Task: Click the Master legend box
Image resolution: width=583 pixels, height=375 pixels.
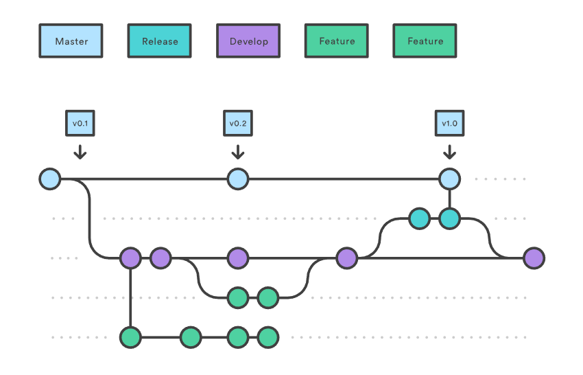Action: click(x=71, y=41)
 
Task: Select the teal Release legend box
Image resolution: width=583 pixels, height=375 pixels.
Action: click(x=159, y=41)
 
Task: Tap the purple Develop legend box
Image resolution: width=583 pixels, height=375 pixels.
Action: click(x=248, y=41)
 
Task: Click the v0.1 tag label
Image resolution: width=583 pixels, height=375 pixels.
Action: click(x=80, y=123)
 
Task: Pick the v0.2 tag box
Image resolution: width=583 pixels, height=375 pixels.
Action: click(x=238, y=123)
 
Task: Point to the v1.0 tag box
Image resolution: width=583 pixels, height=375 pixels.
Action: click(x=449, y=123)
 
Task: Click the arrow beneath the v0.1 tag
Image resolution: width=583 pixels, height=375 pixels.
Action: click(x=80, y=152)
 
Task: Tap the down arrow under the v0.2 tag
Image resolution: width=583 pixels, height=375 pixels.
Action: click(x=238, y=152)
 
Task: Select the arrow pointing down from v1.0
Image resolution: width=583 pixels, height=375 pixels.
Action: click(x=449, y=152)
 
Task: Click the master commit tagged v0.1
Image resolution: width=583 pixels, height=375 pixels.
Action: click(x=50, y=179)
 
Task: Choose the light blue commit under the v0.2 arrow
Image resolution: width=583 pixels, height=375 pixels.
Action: click(x=238, y=179)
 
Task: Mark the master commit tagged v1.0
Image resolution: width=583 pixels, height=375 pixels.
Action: click(x=449, y=179)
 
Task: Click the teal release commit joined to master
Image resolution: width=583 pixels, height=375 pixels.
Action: click(x=449, y=218)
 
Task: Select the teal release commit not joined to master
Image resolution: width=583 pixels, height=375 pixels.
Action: click(x=419, y=218)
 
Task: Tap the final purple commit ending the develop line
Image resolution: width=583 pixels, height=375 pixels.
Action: click(x=534, y=258)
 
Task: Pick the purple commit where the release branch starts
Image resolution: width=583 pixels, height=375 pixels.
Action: click(x=346, y=258)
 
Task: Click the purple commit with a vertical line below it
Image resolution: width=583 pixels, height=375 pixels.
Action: click(x=130, y=258)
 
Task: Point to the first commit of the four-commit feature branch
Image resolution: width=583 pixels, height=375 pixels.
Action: click(x=130, y=337)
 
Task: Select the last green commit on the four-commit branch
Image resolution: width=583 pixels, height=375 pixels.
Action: click(x=268, y=337)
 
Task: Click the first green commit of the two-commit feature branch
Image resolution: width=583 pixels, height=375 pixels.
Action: click(x=238, y=298)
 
